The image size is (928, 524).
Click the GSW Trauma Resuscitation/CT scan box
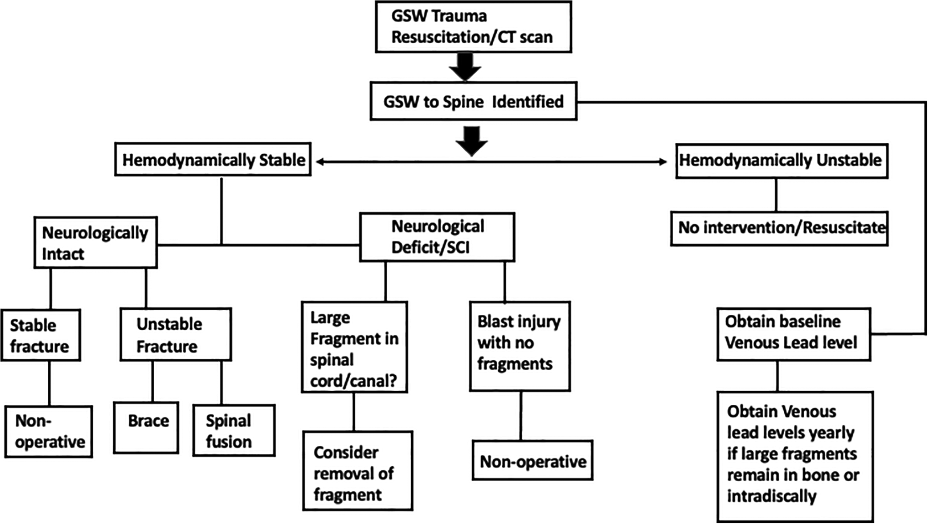pos(473,27)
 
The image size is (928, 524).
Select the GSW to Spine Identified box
pos(474,101)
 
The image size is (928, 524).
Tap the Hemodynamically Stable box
pos(213,159)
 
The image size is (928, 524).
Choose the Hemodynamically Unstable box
pos(782,161)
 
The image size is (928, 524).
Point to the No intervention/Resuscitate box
pos(779,228)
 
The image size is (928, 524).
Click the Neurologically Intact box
pos(96,242)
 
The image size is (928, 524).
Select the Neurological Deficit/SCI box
pos(437,237)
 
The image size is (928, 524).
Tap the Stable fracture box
pos(41,335)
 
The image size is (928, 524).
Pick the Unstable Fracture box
pos(176,334)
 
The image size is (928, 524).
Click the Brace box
pos(146,428)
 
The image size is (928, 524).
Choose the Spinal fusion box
pos(234,430)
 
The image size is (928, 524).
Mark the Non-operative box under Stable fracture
pos(49,432)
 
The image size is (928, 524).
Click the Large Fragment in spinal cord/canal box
pos(354,347)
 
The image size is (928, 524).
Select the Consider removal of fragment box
pos(358,471)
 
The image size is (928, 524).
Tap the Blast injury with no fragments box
pos(520,346)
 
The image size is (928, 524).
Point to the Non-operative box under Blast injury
pos(533,460)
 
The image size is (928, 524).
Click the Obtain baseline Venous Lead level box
pos(794,334)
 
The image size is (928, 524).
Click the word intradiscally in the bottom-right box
pos(772,496)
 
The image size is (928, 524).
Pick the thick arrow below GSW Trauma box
pos(465,67)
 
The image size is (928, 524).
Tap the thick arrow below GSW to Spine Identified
pos(472,141)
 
